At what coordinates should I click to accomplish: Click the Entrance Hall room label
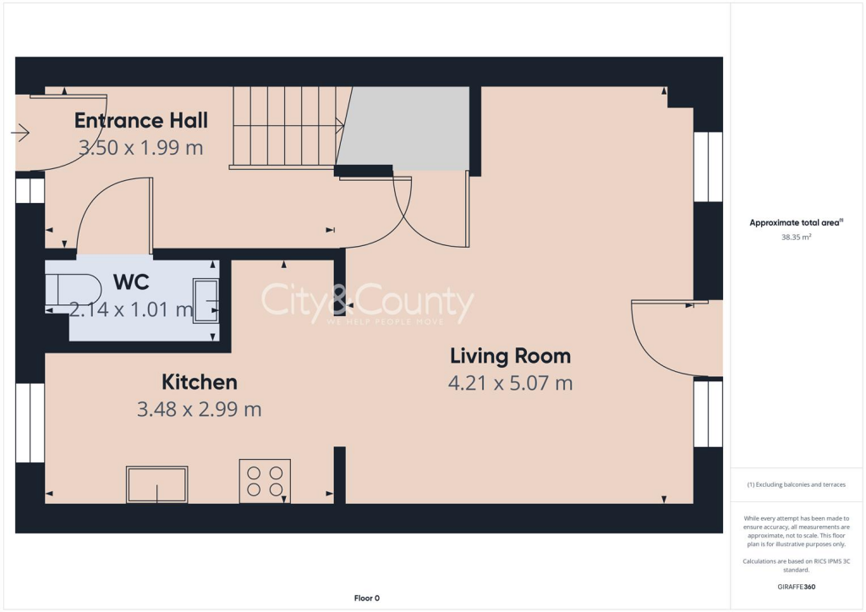coord(141,120)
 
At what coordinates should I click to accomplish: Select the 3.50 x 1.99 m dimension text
coord(141,147)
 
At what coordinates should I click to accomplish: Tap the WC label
coord(131,282)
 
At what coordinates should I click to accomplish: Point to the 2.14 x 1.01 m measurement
coord(131,309)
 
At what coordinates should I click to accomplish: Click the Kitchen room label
coord(200,382)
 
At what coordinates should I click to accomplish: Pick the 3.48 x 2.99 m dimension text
coord(200,410)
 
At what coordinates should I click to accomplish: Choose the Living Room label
coord(510,356)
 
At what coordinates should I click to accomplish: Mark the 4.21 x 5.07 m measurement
coord(510,383)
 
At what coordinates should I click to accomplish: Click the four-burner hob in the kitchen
coord(265,481)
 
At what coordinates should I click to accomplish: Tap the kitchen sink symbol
coord(156,484)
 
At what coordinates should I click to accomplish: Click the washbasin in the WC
coord(206,300)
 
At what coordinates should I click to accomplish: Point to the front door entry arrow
coord(20,133)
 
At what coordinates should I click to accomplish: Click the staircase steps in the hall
coord(286,127)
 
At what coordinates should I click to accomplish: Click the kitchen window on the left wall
coord(30,423)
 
